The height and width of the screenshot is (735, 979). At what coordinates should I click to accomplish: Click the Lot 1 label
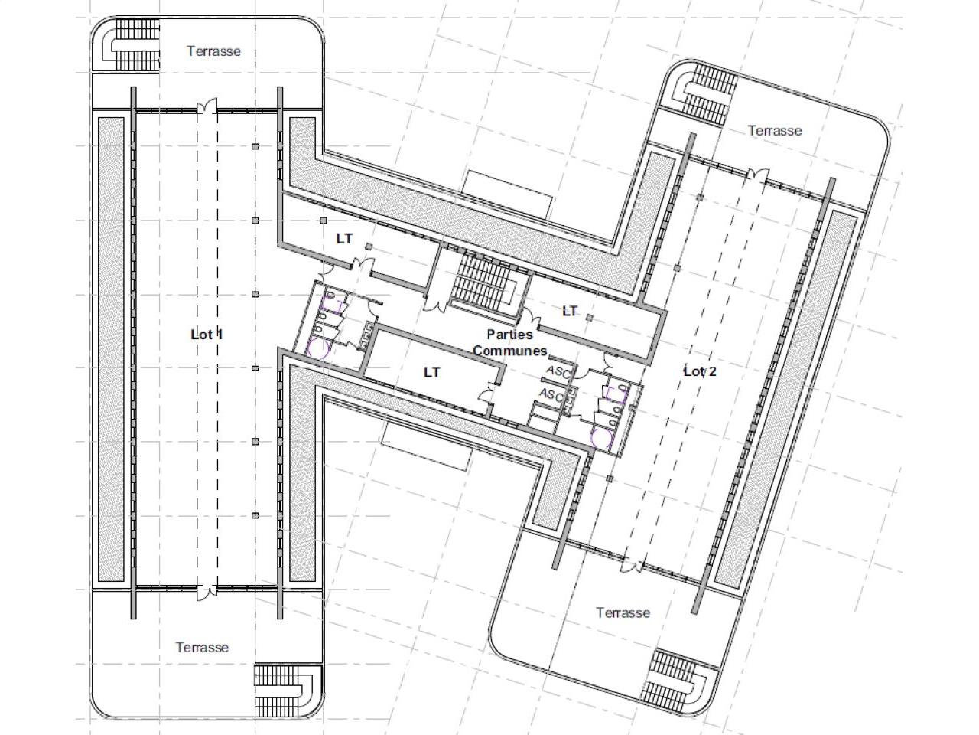[x=207, y=335]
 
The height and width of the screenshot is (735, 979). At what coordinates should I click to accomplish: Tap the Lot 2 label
[x=700, y=371]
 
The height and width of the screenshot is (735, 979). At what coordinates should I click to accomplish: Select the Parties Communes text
[x=510, y=342]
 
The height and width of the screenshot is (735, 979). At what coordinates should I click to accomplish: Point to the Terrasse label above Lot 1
[x=213, y=51]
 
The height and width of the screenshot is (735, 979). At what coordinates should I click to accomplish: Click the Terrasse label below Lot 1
[x=202, y=647]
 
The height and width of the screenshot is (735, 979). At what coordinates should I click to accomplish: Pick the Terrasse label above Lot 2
[x=775, y=130]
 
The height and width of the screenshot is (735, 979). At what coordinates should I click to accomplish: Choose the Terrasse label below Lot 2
[x=623, y=612]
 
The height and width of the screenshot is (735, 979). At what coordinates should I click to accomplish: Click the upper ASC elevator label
[x=558, y=371]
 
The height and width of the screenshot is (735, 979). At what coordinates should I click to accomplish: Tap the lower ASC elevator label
[x=551, y=394]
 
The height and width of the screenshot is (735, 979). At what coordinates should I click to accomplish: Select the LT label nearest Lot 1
[x=344, y=239]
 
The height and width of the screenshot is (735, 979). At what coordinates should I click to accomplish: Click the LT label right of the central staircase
[x=570, y=311]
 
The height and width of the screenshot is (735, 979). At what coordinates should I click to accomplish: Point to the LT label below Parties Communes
[x=431, y=372]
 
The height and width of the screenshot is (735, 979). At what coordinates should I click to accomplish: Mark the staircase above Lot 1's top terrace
[x=132, y=44]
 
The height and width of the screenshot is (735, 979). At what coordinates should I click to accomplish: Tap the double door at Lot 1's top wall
[x=207, y=106]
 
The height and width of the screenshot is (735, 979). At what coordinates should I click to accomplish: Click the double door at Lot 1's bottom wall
[x=207, y=592]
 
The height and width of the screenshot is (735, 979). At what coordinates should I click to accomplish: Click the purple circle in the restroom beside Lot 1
[x=318, y=349]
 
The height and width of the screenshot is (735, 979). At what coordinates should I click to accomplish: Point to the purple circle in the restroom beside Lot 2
[x=602, y=438]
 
